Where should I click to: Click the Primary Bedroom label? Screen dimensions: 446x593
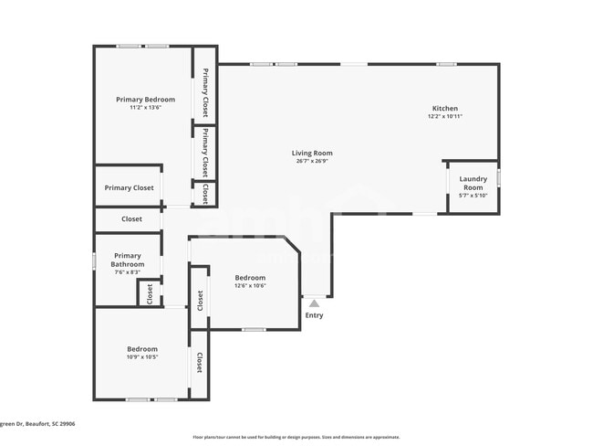tap(145, 99)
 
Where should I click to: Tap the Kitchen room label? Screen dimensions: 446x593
tap(444, 108)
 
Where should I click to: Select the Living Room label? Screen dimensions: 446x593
tap(312, 153)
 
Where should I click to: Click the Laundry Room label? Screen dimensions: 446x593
tap(473, 183)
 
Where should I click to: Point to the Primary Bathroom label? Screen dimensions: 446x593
tap(127, 260)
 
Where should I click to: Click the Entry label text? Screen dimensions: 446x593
tap(314, 315)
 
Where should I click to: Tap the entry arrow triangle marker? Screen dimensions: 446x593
tap(314, 303)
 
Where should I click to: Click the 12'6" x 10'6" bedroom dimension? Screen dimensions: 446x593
tap(250, 286)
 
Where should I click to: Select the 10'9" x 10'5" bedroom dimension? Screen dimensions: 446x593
tap(141, 357)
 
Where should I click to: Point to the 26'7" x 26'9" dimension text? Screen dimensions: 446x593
tap(312, 162)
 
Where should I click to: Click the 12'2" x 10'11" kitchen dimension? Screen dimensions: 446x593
tap(444, 117)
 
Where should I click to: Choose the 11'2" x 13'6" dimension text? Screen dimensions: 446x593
tap(145, 108)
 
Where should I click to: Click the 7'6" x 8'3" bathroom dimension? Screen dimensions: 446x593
tap(127, 272)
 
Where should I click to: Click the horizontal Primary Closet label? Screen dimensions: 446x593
tap(129, 187)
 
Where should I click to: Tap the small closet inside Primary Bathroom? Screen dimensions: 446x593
tap(150, 294)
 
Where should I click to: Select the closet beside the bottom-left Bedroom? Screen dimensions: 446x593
tap(199, 363)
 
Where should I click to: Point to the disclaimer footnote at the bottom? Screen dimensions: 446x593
tap(296, 437)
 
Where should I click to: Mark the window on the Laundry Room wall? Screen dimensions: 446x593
tap(499, 177)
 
